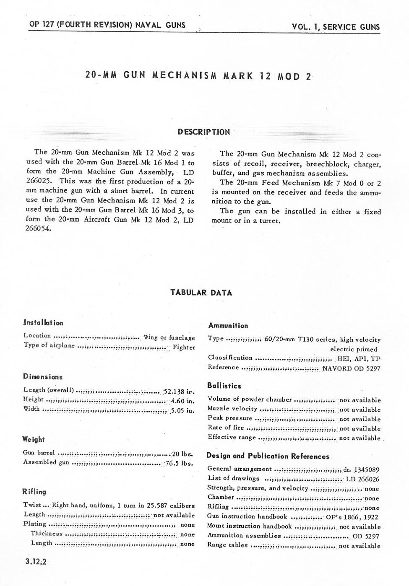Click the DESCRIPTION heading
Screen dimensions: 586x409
203,132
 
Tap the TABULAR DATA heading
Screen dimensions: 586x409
201,293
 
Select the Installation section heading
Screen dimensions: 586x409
43,323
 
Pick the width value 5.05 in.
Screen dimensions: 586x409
182,410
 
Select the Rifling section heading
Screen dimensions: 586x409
34,492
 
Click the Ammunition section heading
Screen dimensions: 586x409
228,325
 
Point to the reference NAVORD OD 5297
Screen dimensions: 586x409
351,368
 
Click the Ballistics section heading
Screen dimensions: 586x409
224,386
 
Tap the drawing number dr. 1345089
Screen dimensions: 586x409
361,469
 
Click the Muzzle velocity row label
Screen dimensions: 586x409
232,409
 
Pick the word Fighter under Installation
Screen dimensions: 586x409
184,347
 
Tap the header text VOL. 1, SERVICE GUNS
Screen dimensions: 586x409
336,27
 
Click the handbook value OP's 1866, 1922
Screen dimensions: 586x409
353,517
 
